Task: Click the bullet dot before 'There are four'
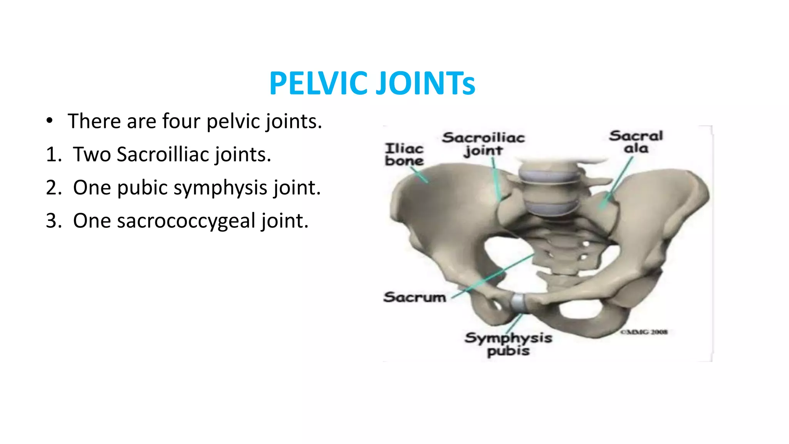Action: (x=49, y=121)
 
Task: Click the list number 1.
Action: (x=54, y=154)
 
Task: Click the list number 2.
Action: (x=54, y=187)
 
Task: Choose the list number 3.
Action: (x=54, y=220)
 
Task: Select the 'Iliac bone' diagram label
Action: (x=404, y=154)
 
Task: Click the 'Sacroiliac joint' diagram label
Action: (x=483, y=144)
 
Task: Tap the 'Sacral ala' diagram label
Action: (x=636, y=141)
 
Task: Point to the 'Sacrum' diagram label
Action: (x=415, y=297)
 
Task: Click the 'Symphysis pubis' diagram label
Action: (x=508, y=344)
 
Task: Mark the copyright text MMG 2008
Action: (x=644, y=332)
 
